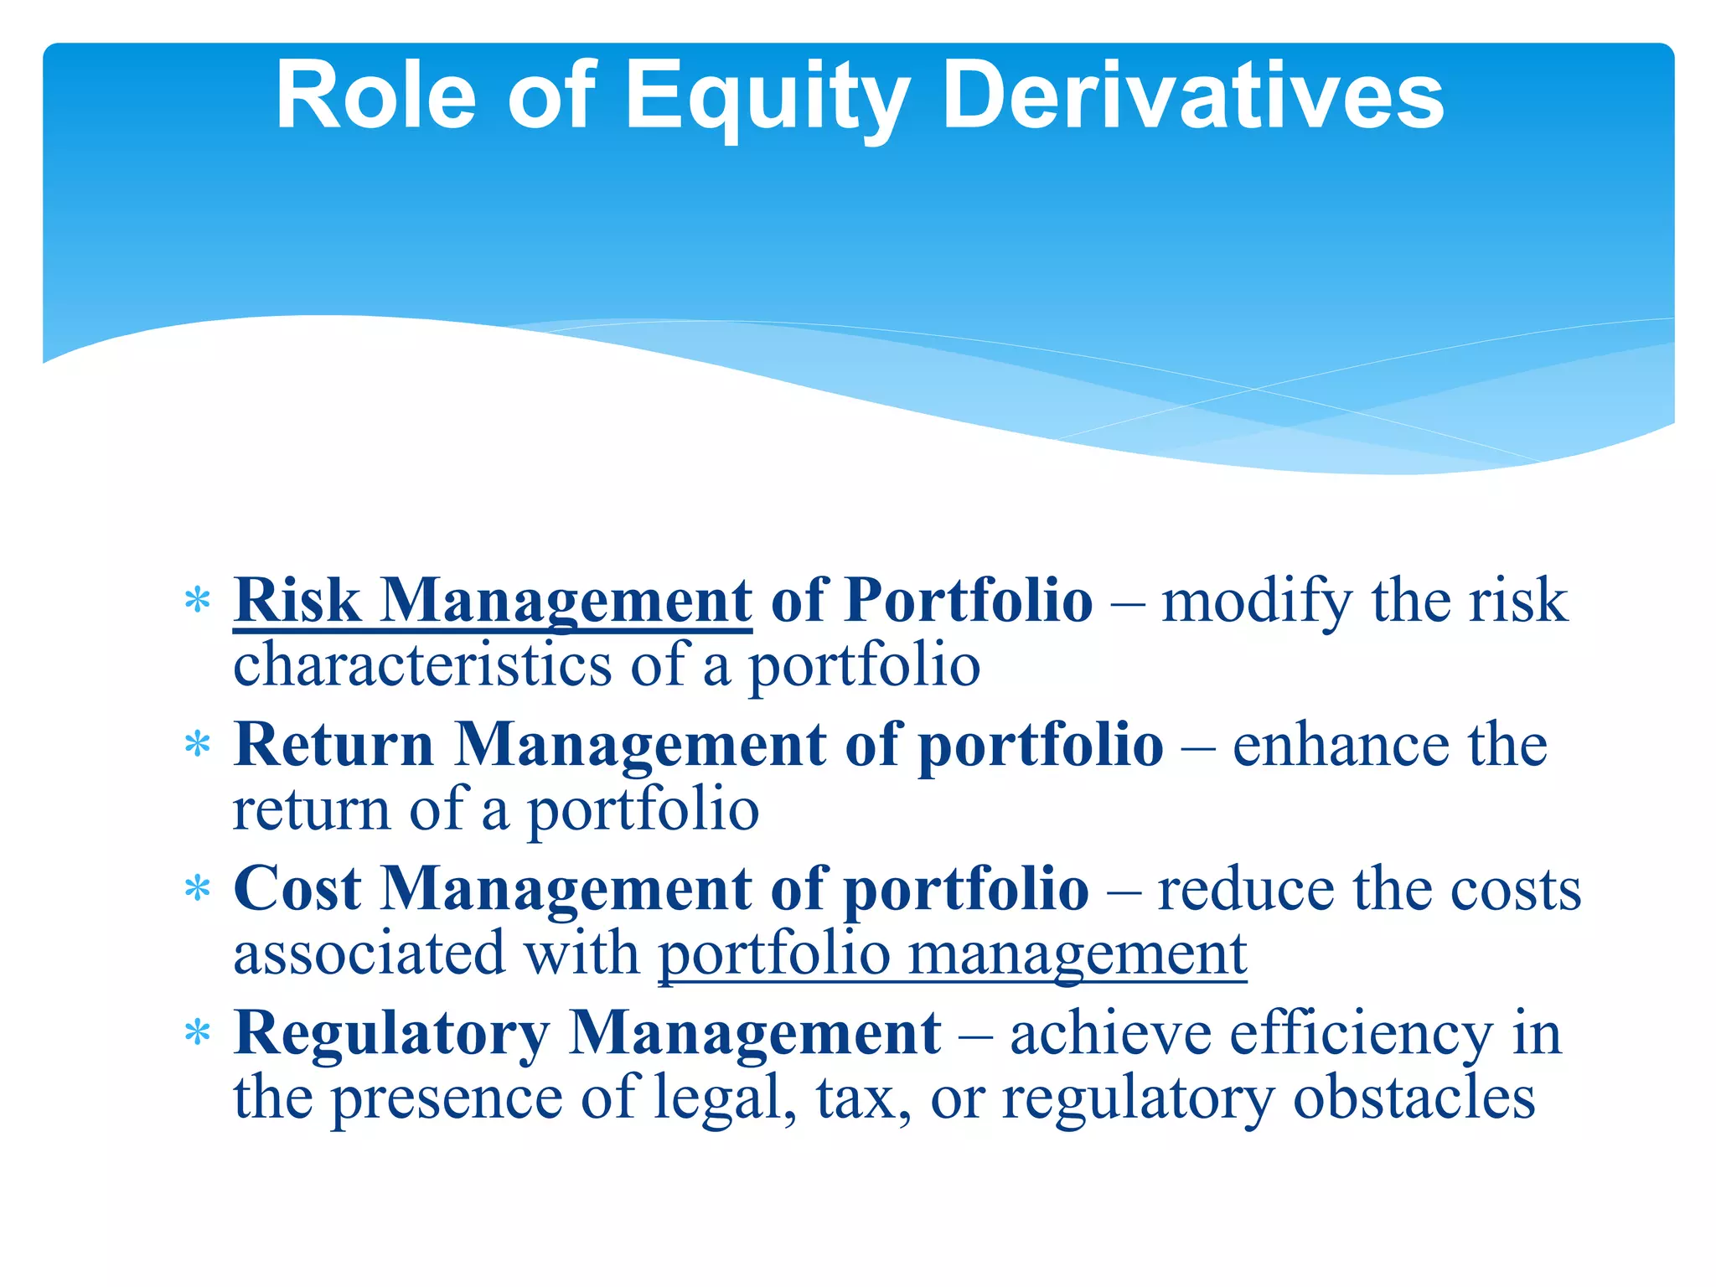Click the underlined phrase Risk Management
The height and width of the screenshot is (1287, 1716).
click(493, 601)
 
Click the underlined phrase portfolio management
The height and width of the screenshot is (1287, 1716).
click(953, 954)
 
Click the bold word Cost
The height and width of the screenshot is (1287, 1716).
click(297, 888)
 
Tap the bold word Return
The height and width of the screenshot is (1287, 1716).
click(333, 744)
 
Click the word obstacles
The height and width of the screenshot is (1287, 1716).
click(1414, 1098)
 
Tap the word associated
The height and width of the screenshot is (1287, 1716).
click(369, 954)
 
